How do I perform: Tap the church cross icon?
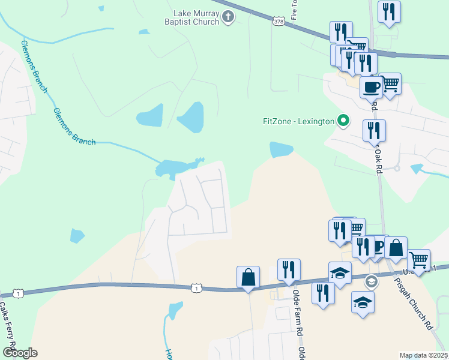pyautogui.click(x=228, y=17)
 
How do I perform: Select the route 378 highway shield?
pyautogui.click(x=279, y=22)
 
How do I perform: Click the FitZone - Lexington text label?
pyautogui.click(x=298, y=121)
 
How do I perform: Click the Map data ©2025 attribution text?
pyautogui.click(x=423, y=355)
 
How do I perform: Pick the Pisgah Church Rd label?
pyautogui.click(x=413, y=303)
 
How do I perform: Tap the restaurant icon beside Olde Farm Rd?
pyautogui.click(x=289, y=270)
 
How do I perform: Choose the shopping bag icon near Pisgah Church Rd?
pyautogui.click(x=396, y=247)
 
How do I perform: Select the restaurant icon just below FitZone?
pyautogui.click(x=374, y=130)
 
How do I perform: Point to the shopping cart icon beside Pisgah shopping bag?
pyautogui.click(x=418, y=260)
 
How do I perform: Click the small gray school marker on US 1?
pyautogui.click(x=371, y=281)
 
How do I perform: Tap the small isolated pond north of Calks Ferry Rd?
pyautogui.click(x=77, y=236)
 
